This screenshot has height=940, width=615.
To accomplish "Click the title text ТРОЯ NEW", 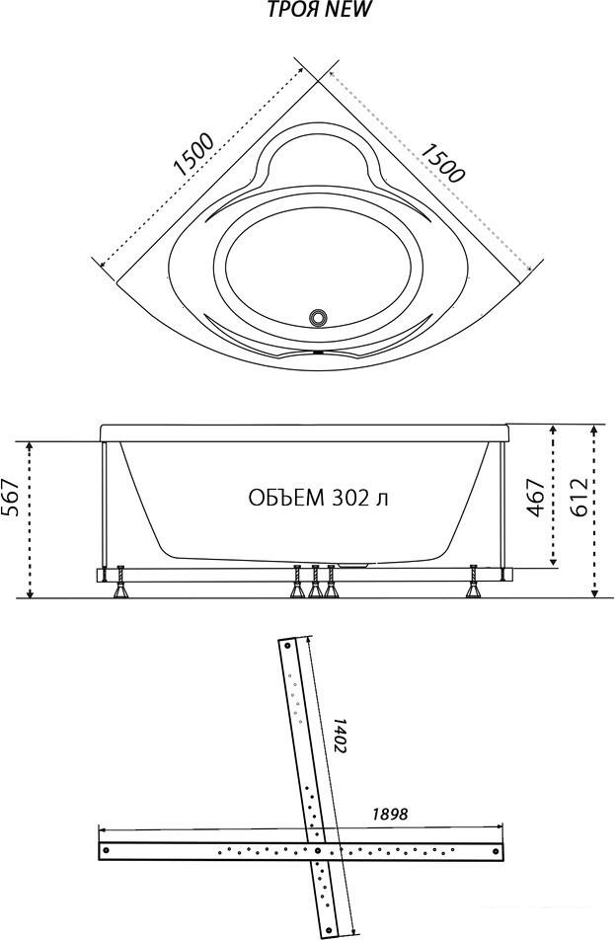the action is (x=320, y=9).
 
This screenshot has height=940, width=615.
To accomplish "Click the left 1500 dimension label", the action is (x=193, y=155).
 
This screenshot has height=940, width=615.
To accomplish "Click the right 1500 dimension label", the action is (x=441, y=163).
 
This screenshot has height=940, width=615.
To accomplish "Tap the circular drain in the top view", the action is (x=318, y=318).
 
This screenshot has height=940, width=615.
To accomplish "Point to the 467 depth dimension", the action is (x=536, y=497).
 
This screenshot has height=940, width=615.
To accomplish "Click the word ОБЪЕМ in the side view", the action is (x=285, y=498).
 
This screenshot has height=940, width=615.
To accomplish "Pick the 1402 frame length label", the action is (x=340, y=736).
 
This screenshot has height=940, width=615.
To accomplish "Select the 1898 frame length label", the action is (x=390, y=814).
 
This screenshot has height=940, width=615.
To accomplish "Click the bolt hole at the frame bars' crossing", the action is (x=317, y=850).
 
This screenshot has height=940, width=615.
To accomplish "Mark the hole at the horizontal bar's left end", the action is (x=107, y=850).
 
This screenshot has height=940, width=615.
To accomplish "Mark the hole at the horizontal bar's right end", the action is (x=495, y=850).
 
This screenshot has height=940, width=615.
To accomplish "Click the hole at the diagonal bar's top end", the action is (x=286, y=647).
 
